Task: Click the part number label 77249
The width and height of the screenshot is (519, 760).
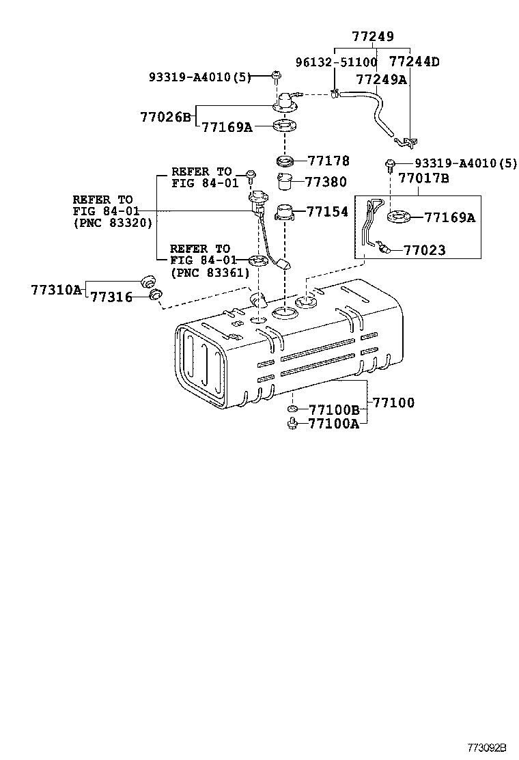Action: point(373,37)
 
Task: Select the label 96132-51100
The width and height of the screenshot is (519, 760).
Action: point(336,62)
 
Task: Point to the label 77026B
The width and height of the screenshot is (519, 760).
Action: point(166,117)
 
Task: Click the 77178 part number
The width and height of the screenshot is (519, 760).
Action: point(328,161)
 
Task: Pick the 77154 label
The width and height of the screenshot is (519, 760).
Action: point(327,212)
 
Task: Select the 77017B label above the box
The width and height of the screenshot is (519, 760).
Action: point(423,179)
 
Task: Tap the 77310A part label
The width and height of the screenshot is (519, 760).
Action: point(55,290)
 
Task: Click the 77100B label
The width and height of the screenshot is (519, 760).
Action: point(334,410)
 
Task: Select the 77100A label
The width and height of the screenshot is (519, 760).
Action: point(334,424)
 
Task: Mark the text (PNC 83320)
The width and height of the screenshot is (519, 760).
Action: point(113,223)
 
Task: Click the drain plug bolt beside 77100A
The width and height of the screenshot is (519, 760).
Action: point(292,424)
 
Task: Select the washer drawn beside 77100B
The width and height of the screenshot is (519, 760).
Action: point(292,410)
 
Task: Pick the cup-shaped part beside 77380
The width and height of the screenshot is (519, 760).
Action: point(285,182)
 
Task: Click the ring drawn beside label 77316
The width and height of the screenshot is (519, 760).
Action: point(156,295)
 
